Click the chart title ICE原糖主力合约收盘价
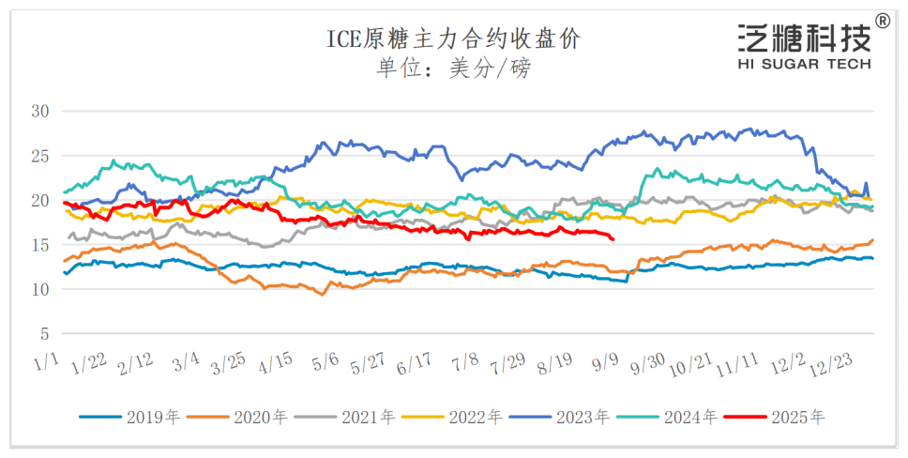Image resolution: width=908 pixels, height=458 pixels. click(453, 38)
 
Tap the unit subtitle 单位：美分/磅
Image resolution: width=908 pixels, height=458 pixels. click(453, 69)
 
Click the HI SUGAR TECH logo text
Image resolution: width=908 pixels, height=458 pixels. click(805, 64)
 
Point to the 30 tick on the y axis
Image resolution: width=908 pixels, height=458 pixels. click(40, 111)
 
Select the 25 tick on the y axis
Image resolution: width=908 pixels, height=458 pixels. click(40, 156)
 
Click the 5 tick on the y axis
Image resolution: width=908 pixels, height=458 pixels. click(44, 334)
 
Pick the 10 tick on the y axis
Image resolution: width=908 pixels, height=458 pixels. click(40, 289)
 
